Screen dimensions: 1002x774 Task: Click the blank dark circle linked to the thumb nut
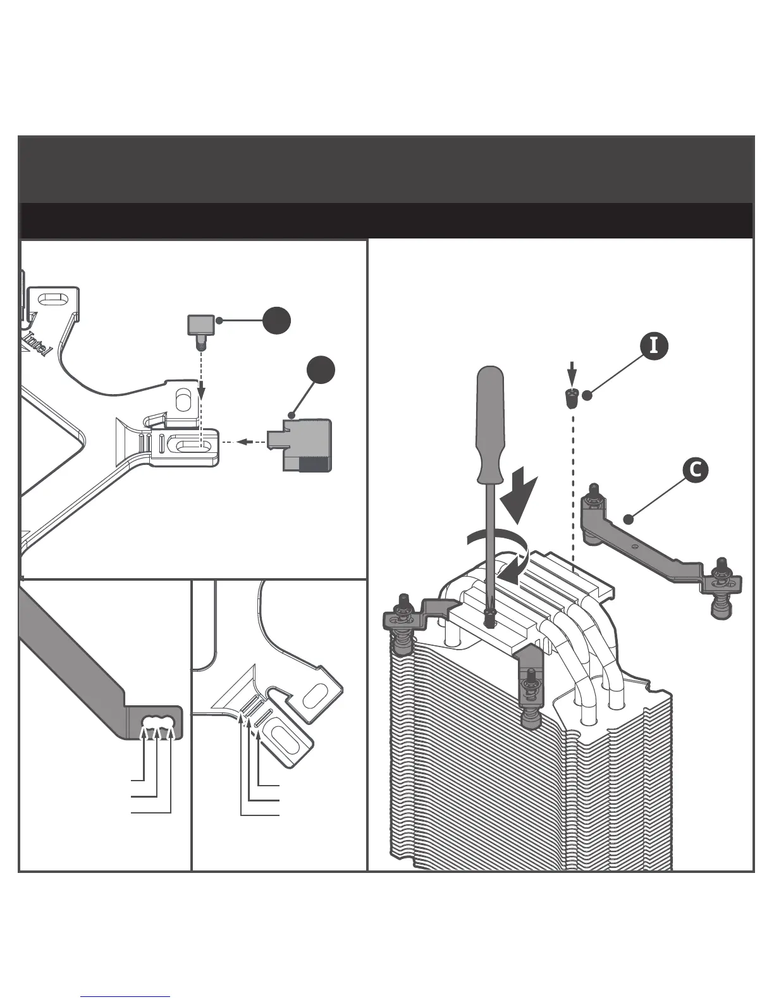click(x=277, y=321)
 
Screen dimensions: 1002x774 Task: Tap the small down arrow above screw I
click(x=572, y=373)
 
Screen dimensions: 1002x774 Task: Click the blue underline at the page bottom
click(x=126, y=997)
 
